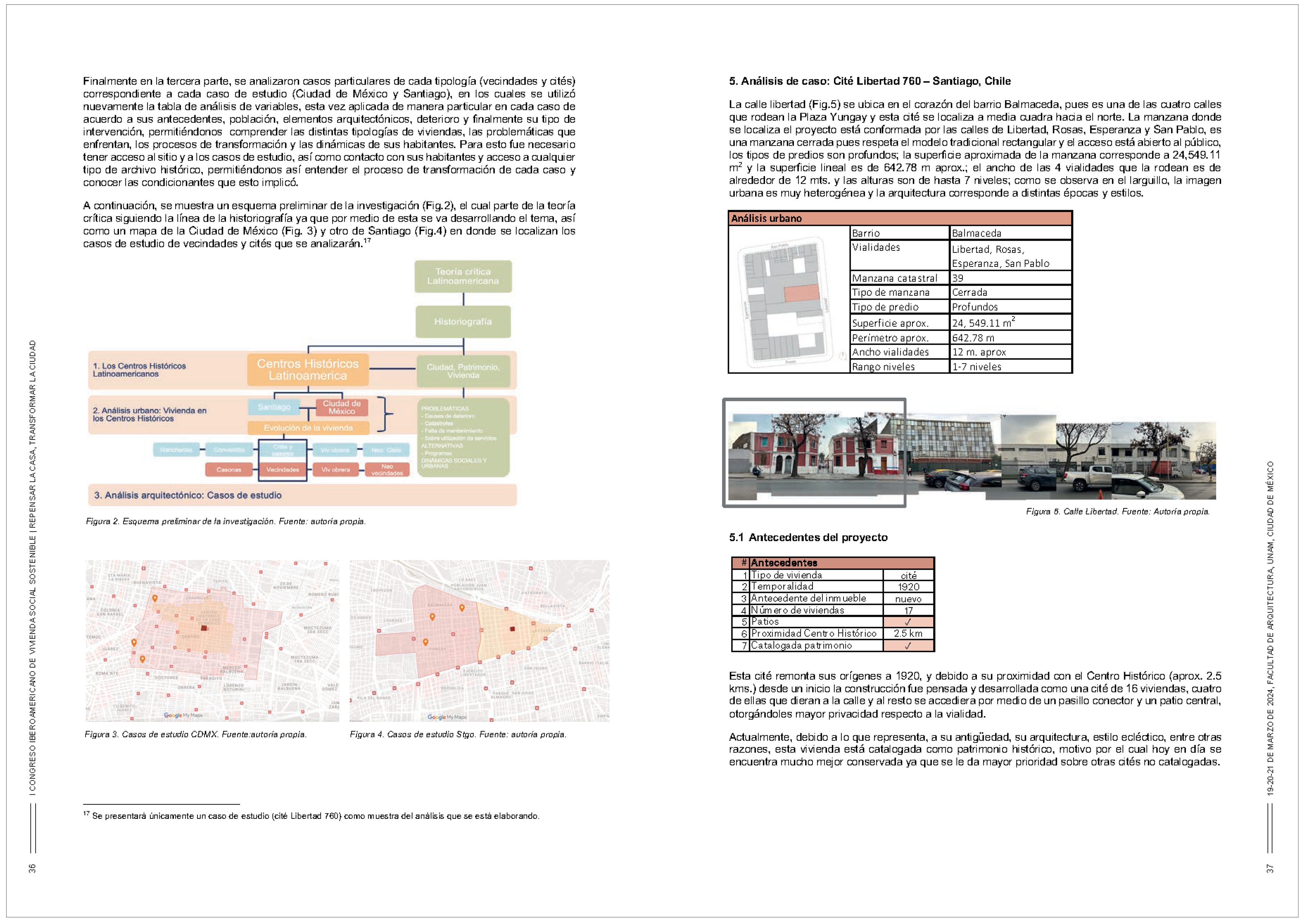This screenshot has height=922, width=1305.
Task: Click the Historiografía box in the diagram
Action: [463, 322]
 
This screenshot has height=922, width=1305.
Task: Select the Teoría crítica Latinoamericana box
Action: [463, 276]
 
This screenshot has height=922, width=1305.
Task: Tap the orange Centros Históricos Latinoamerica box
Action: [308, 369]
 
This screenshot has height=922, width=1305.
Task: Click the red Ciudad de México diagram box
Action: [342, 407]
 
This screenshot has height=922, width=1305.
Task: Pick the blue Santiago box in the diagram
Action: [274, 407]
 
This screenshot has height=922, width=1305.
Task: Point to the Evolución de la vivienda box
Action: [308, 428]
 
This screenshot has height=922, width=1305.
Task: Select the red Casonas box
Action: [229, 470]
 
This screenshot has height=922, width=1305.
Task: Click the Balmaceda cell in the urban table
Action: [1010, 233]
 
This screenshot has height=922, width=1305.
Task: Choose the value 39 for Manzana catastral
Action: [1010, 278]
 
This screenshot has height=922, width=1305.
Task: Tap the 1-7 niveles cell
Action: [1010, 366]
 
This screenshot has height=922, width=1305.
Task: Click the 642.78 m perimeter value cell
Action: [1010, 338]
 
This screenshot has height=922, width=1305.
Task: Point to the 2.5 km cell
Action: [908, 633]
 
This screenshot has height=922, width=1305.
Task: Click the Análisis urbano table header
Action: [900, 218]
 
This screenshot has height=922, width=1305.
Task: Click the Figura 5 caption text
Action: [1117, 511]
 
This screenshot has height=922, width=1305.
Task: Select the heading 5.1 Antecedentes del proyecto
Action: [808, 537]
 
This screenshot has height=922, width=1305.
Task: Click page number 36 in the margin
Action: [32, 868]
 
